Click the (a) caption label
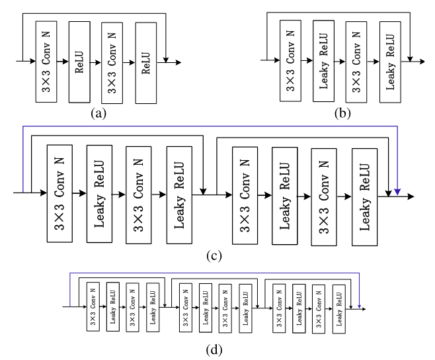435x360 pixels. [x=99, y=113]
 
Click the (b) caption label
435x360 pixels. [x=342, y=112]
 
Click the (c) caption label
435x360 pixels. [x=212, y=255]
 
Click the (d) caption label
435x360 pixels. [x=213, y=349]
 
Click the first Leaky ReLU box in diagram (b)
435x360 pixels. [x=324, y=61]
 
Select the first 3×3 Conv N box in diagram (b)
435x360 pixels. [x=291, y=61]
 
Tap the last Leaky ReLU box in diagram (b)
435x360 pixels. [x=390, y=61]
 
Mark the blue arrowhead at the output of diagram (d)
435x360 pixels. [x=359, y=306]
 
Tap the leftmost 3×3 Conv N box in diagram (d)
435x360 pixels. [x=92, y=307]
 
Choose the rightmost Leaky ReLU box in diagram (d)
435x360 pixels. [x=338, y=307]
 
